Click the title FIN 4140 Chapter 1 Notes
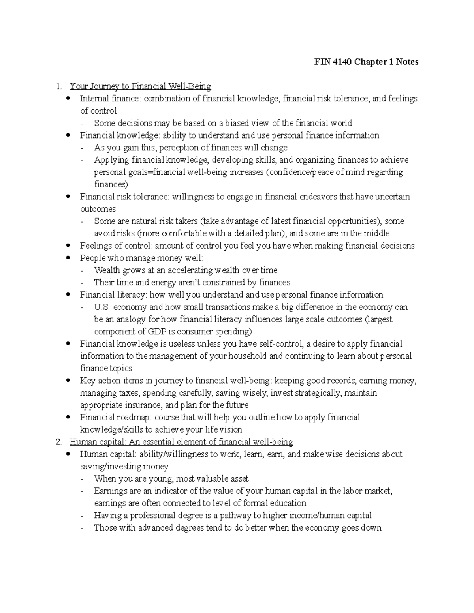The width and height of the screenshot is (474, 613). pos(366,62)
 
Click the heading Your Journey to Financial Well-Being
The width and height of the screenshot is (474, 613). pos(140,86)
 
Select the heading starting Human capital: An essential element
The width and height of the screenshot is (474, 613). pos(181,442)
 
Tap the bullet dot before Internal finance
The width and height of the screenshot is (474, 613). pos(69,99)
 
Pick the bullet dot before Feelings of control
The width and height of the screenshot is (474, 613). pos(69,246)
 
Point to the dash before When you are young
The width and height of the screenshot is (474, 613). pos(82,479)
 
